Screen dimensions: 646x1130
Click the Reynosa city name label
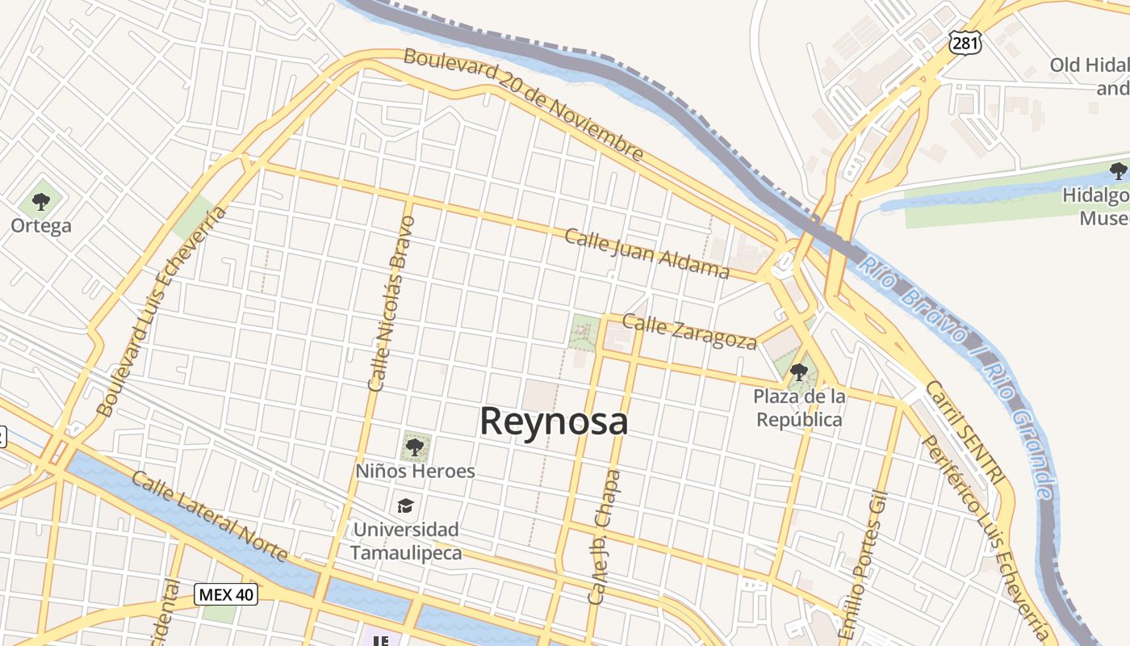[554, 422]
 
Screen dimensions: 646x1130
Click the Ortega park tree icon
[41, 201]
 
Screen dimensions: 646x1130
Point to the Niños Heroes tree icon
[415, 446]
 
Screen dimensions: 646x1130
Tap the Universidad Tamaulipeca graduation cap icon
[405, 506]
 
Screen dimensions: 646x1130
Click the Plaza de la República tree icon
[799, 371]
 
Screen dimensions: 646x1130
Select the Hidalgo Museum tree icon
[1118, 170]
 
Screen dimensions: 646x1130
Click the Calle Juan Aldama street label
[647, 253]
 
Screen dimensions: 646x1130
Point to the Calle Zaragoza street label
[690, 331]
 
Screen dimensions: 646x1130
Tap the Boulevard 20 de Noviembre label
[524, 104]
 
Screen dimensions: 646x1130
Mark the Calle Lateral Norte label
[209, 518]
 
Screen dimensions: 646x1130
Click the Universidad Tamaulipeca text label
[406, 541]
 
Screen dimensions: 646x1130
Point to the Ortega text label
[41, 225]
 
